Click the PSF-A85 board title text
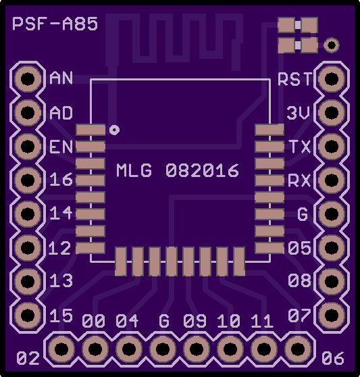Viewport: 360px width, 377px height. click(55, 24)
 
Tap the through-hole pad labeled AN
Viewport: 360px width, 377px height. click(28, 78)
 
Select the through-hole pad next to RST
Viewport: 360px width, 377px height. click(332, 78)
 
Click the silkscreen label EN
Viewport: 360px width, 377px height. click(61, 147)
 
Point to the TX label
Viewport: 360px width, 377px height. click(301, 147)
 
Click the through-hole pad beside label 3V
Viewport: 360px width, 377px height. click(332, 112)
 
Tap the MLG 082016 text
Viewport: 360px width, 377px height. click(178, 170)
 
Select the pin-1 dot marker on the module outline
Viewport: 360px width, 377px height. click(114, 130)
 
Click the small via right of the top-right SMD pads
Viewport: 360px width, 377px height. click(332, 45)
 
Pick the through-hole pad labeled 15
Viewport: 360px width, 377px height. click(28, 315)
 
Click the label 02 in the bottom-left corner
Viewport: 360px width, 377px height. click(28, 358)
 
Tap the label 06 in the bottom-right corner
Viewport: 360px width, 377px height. click(333, 358)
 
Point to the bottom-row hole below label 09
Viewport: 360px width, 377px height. click(197, 349)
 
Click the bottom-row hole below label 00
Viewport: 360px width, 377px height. click(95, 349)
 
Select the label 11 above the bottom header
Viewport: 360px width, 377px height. click(262, 321)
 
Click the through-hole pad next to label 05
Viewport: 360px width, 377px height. click(332, 247)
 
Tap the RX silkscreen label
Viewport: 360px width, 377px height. click(299, 180)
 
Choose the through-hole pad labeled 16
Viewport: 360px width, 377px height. click(28, 180)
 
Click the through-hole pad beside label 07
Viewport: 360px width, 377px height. click(332, 315)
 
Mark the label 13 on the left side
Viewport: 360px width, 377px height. click(61, 280)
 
